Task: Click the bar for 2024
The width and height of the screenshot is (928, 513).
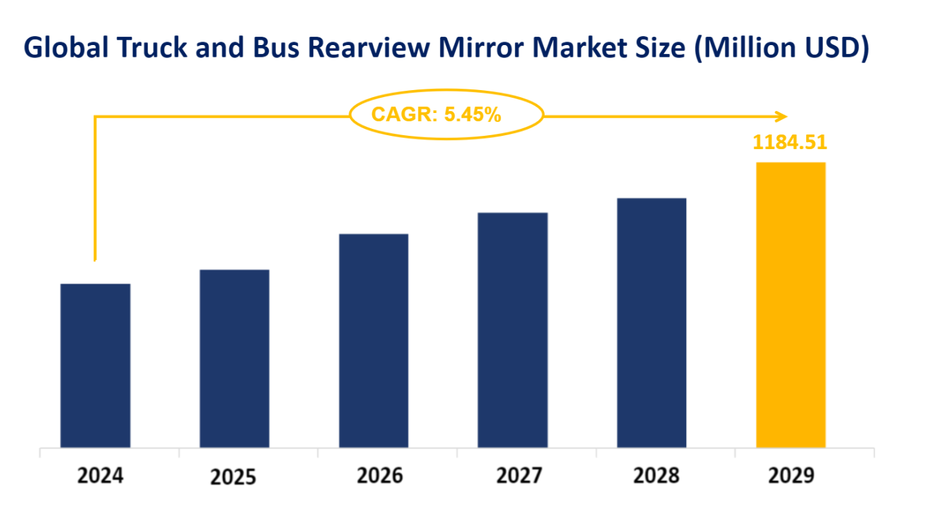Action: pos(96,365)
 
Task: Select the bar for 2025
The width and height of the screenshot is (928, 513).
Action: pos(234,358)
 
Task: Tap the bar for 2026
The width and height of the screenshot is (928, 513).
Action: pos(374,340)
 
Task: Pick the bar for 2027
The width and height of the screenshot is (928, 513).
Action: pos(513,330)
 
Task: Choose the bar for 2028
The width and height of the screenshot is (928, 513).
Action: pos(651,323)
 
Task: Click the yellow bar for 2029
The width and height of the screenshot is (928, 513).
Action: pos(791,305)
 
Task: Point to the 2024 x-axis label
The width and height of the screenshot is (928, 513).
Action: pos(100,476)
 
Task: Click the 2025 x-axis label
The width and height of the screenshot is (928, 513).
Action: pos(234,477)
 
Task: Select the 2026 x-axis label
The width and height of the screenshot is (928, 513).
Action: pos(379,476)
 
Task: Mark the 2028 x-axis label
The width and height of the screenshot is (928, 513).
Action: pos(656,476)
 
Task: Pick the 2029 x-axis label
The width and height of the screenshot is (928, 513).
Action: pos(792,476)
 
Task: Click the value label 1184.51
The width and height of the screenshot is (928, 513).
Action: pos(790,142)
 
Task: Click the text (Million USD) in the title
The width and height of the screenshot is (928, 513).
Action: pos(781,47)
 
